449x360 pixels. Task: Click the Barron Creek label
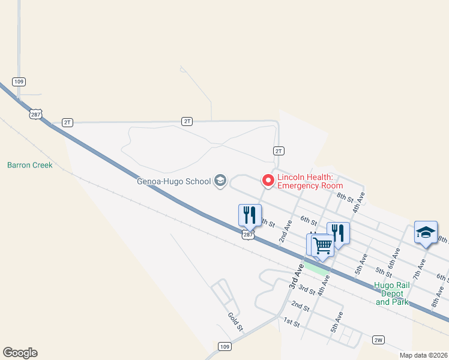click(x=30, y=165)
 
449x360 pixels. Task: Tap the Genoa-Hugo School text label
click(x=174, y=181)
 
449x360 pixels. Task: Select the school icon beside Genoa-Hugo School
click(x=220, y=181)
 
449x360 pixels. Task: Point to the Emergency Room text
click(x=310, y=186)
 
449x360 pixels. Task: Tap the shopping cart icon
click(x=322, y=245)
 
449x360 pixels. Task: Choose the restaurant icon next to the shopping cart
click(x=338, y=232)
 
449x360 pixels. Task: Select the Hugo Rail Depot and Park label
click(x=392, y=293)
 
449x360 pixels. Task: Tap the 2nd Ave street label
click(x=285, y=231)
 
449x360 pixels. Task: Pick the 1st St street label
click(x=292, y=323)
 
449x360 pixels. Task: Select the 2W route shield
click(x=378, y=340)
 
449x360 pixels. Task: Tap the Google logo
click(x=20, y=353)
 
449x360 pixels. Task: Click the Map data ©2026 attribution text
click(x=423, y=355)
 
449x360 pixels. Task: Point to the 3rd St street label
click(x=307, y=290)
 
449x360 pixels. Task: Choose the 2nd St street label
click(x=300, y=306)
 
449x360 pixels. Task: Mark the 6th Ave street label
click(x=394, y=257)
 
